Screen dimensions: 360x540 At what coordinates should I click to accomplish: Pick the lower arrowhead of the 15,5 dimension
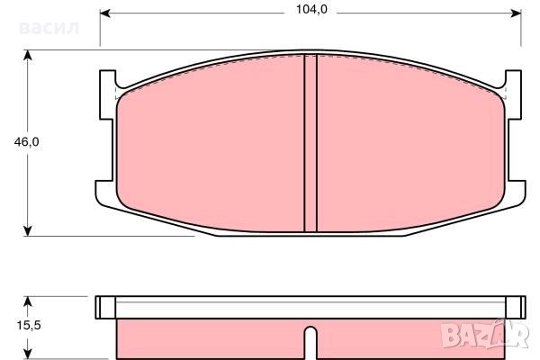tap(30, 354)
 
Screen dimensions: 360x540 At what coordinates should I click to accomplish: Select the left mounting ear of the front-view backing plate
tap(106, 135)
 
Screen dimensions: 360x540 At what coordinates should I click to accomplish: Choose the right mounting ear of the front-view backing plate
tap(515, 135)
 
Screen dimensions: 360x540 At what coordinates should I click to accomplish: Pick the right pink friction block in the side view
tap(409, 337)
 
